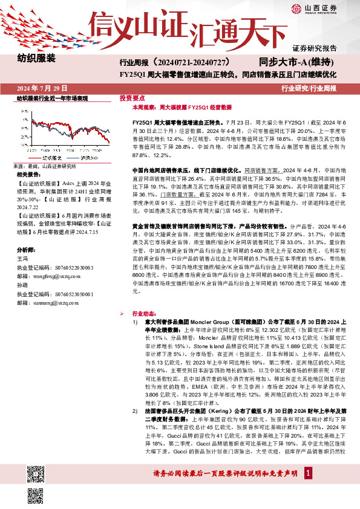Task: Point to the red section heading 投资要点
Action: pos(132,97)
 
